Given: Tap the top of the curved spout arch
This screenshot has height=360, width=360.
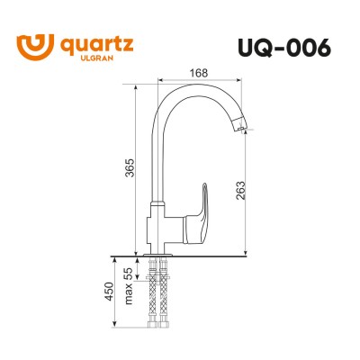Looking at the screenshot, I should [x=193, y=86].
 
